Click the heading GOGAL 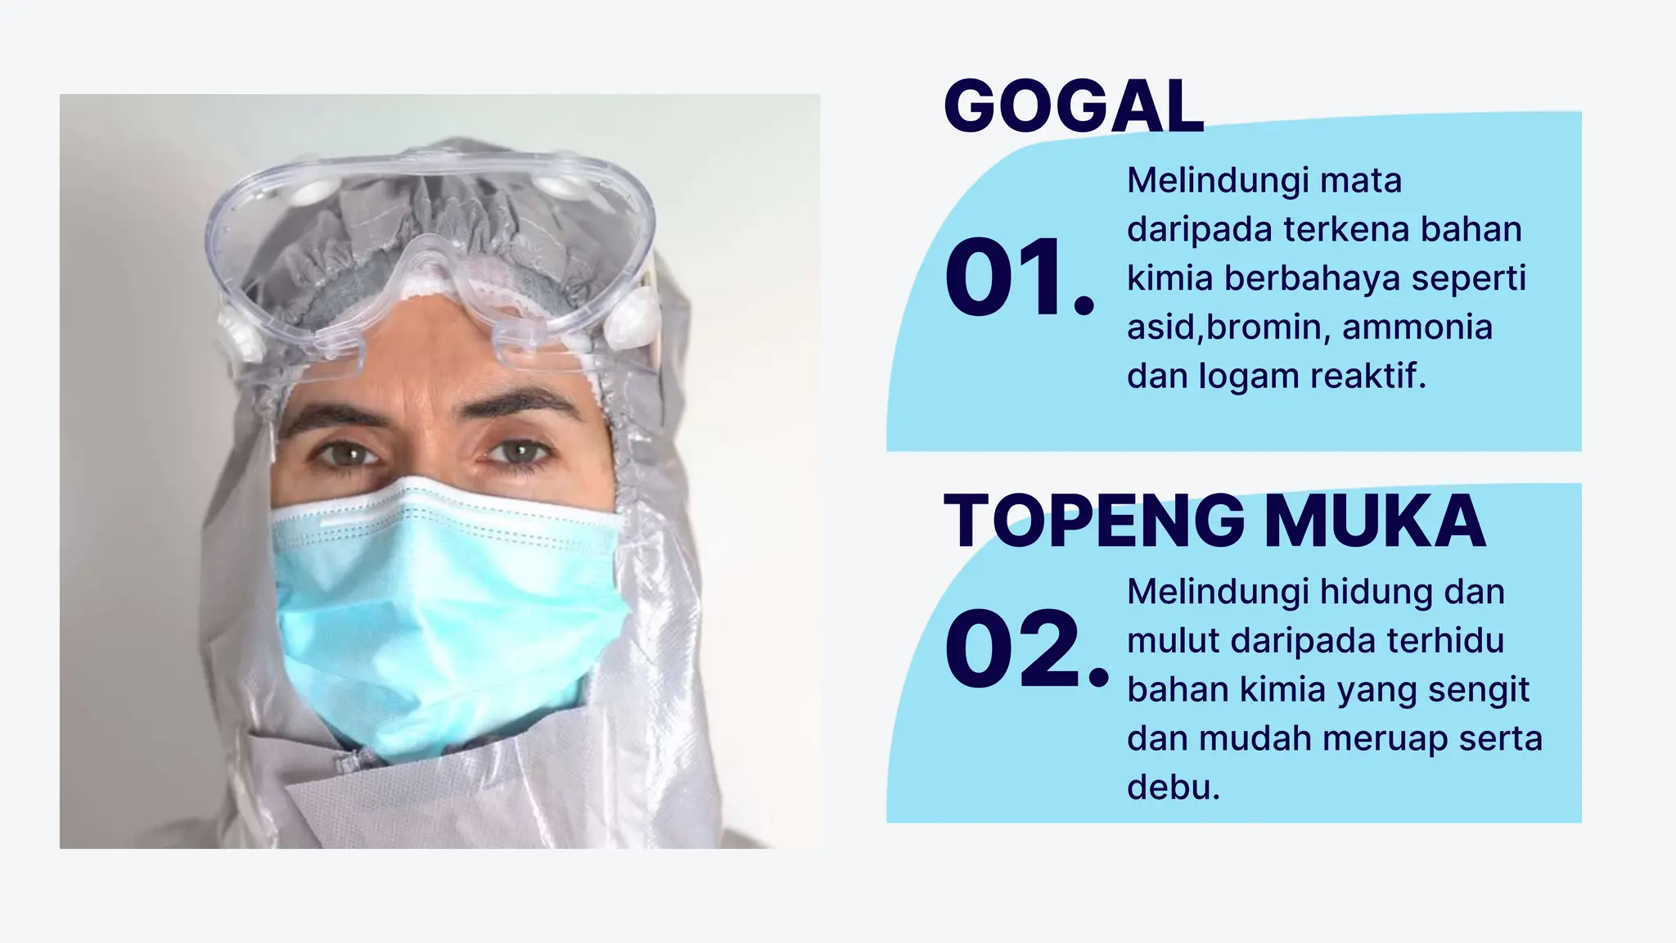(1074, 106)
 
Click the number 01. (1019, 277)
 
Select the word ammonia (1417, 327)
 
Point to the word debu (1173, 787)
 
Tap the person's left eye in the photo (520, 452)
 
